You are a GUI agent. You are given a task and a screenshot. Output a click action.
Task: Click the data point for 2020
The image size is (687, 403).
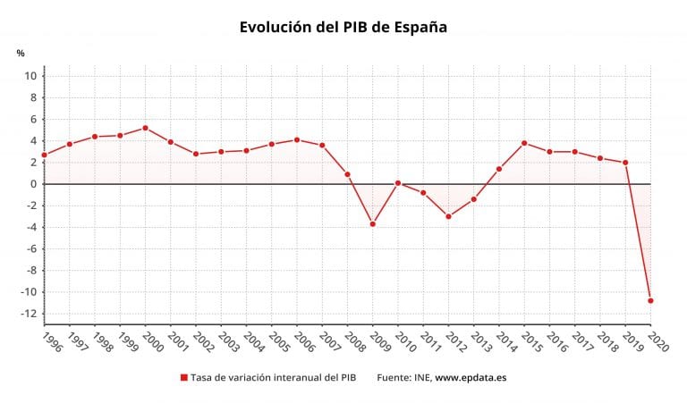[x=650, y=300]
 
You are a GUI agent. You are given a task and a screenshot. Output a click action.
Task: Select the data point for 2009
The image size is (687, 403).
[x=372, y=223]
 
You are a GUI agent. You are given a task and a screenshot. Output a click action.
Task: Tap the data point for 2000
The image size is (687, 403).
[x=145, y=128]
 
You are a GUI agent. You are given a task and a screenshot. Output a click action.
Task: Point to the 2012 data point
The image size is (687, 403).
[x=448, y=216]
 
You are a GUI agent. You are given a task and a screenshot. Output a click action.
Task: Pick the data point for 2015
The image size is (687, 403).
[x=524, y=143]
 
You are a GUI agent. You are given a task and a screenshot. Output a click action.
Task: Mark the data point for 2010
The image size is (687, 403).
[x=398, y=183]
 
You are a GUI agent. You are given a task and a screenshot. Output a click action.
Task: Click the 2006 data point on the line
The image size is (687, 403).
[x=297, y=139]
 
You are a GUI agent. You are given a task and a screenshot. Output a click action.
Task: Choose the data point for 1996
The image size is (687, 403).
[x=44, y=155]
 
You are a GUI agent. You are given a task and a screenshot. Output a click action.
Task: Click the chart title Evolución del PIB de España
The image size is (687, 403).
[x=343, y=27]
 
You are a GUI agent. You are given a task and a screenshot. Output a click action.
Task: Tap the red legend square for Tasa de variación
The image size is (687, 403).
[x=184, y=378]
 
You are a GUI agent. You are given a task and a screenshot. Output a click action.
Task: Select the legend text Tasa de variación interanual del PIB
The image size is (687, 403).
[x=273, y=378]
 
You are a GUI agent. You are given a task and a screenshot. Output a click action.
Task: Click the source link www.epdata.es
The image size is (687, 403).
[x=471, y=378]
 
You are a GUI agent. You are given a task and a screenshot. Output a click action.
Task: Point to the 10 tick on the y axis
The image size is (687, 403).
[x=30, y=76]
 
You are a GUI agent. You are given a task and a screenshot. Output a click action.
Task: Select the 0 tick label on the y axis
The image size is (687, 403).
[x=33, y=184]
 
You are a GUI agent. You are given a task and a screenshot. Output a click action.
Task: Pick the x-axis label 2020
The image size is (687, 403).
[x=656, y=343]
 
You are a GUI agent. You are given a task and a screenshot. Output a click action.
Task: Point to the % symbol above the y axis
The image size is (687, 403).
[x=21, y=53]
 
